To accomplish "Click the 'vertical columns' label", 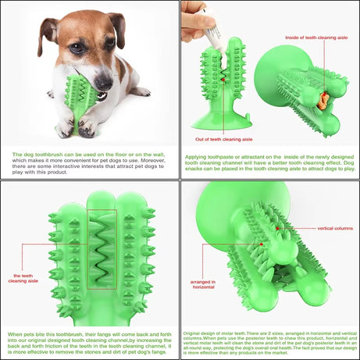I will pos(333,228).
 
